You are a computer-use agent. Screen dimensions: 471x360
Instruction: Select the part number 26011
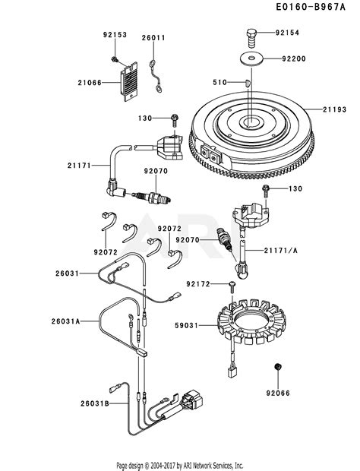[153, 36]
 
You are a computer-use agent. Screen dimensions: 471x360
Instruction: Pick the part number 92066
[279, 394]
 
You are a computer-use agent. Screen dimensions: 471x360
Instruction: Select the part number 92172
[194, 283]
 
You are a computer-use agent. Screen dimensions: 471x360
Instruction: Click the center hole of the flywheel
[251, 121]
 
